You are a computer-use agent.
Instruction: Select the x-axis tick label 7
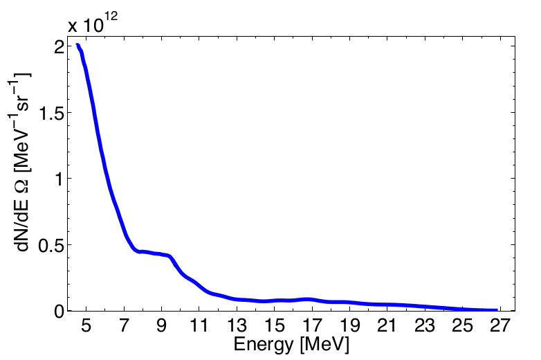click(x=125, y=325)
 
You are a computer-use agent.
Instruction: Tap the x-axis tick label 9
click(x=162, y=325)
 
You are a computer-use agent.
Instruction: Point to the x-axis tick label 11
click(x=199, y=325)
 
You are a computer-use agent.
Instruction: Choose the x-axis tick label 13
click(x=237, y=325)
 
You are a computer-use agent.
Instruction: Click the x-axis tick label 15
click(x=275, y=325)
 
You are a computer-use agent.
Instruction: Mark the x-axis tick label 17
click(x=312, y=325)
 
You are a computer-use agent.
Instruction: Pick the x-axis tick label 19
click(x=349, y=325)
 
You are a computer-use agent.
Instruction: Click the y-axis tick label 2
click(x=59, y=46)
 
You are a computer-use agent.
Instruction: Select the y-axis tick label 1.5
click(x=53, y=113)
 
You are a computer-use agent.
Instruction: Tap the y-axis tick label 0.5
click(x=53, y=245)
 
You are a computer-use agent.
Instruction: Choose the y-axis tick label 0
click(x=59, y=311)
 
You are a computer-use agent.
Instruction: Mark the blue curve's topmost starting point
click(x=77, y=45)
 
